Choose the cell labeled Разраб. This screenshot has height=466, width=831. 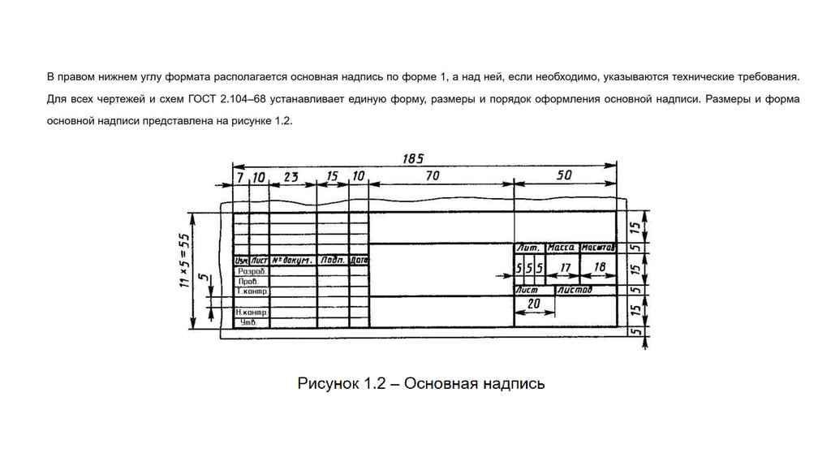click(x=251, y=271)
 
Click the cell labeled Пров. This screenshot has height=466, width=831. click(x=249, y=281)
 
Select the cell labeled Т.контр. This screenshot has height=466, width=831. click(x=252, y=291)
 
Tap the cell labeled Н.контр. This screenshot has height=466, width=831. click(x=252, y=312)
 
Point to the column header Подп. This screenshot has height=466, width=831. click(x=332, y=261)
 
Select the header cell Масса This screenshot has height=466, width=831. click(x=561, y=247)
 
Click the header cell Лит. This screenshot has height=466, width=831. click(x=530, y=247)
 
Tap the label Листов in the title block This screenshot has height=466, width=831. click(x=575, y=290)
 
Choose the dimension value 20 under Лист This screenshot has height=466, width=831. click(x=534, y=304)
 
